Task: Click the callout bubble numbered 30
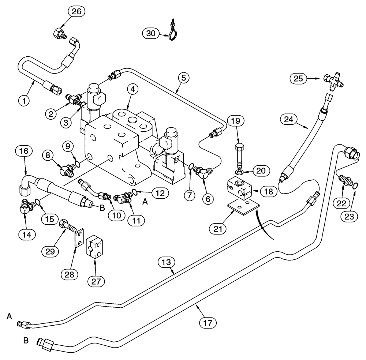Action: click(x=150, y=34)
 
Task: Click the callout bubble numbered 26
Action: click(x=76, y=12)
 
